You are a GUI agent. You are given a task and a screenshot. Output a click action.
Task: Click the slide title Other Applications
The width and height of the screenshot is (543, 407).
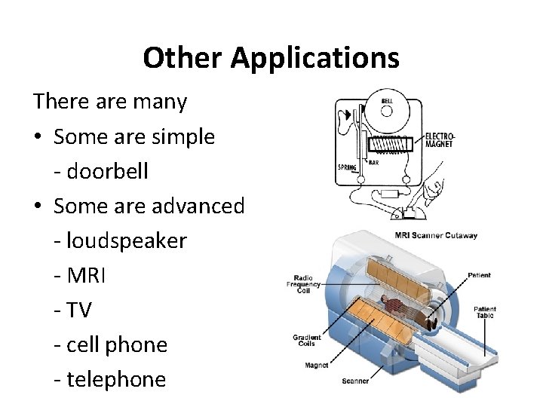[x=271, y=58]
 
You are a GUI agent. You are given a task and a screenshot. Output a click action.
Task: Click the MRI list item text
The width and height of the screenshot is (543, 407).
[x=88, y=275]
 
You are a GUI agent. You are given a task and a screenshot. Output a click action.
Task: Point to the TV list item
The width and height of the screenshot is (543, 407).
[x=83, y=310]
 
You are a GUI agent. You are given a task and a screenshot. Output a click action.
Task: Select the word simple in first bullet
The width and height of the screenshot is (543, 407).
[x=179, y=136]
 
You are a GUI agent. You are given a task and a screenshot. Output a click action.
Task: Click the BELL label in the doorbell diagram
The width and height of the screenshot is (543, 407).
[x=387, y=101]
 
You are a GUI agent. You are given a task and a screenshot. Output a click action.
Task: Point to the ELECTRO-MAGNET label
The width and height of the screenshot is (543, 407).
[x=440, y=140]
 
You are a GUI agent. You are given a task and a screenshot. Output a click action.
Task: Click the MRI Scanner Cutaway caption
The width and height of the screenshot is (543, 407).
[x=436, y=235]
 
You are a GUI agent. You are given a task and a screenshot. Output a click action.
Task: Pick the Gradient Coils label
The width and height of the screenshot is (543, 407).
[x=308, y=341]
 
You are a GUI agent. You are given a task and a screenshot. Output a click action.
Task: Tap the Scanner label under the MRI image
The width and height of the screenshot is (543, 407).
[x=355, y=381]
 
